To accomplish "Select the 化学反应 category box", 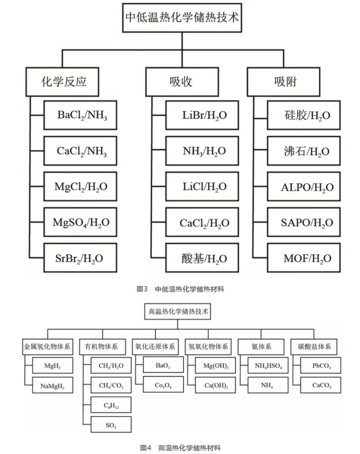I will click(x=64, y=81).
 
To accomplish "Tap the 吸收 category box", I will click(x=181, y=81).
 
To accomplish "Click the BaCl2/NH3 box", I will click(x=81, y=116).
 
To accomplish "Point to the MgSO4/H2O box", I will click(x=81, y=222).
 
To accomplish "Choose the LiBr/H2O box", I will click(x=197, y=116).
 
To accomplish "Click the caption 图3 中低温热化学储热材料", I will click(x=181, y=289).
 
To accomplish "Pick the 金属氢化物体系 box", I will click(x=47, y=347).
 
